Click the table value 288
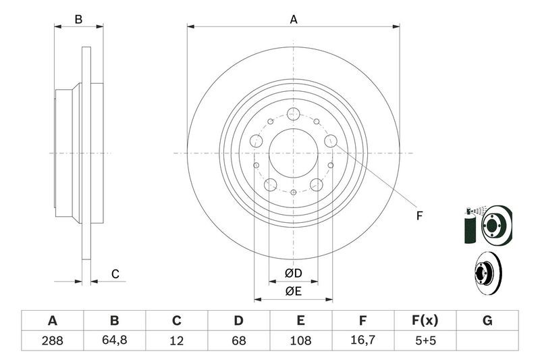[x=53, y=340]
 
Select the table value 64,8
[x=114, y=340]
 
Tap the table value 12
[x=176, y=340]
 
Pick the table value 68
[x=238, y=340]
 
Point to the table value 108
[x=300, y=340]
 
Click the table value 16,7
[x=362, y=340]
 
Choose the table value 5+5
[x=425, y=340]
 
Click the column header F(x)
[x=425, y=321]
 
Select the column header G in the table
[x=487, y=321]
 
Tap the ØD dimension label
[x=294, y=273]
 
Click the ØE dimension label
[x=294, y=292]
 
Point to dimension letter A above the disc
[x=294, y=20]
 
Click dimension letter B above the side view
[x=78, y=20]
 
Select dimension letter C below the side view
[x=115, y=274]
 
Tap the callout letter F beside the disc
[x=419, y=215]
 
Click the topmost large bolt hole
[x=294, y=113]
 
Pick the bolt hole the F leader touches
[x=331, y=140]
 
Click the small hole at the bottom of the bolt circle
[x=294, y=192]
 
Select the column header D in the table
[x=238, y=321]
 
